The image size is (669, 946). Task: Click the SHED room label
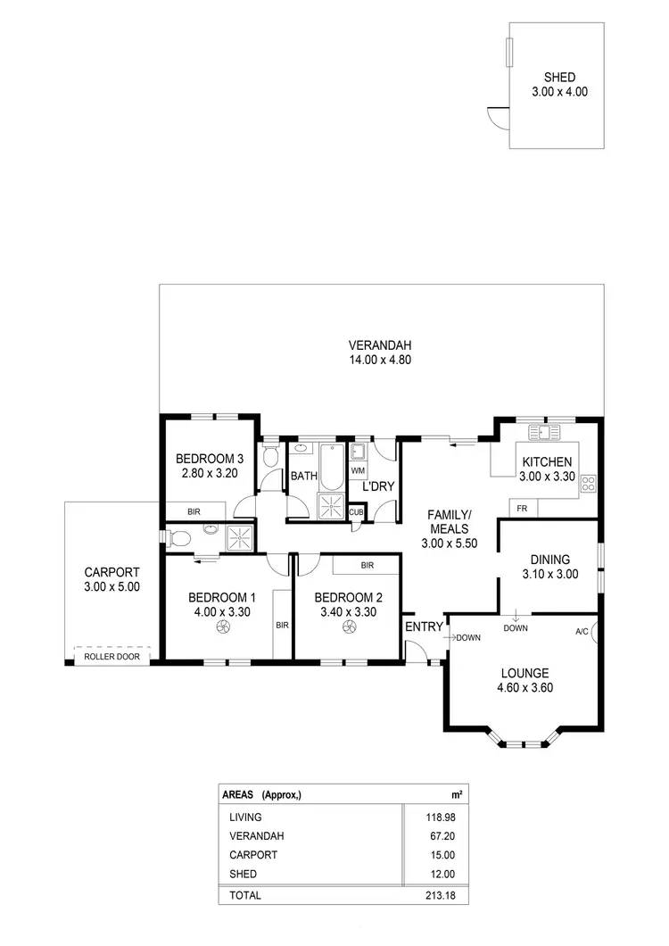(x=560, y=77)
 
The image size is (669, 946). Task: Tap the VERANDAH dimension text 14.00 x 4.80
(x=380, y=360)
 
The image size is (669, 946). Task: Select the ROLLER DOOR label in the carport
(x=111, y=657)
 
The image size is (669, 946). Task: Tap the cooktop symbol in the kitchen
(x=588, y=485)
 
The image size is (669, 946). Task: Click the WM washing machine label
(x=358, y=469)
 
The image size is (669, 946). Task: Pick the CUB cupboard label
(x=356, y=511)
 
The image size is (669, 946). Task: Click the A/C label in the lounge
(x=582, y=631)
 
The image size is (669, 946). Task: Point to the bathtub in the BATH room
(x=331, y=467)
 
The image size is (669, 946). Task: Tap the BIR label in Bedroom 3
(x=194, y=511)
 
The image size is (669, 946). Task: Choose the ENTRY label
(x=424, y=627)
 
